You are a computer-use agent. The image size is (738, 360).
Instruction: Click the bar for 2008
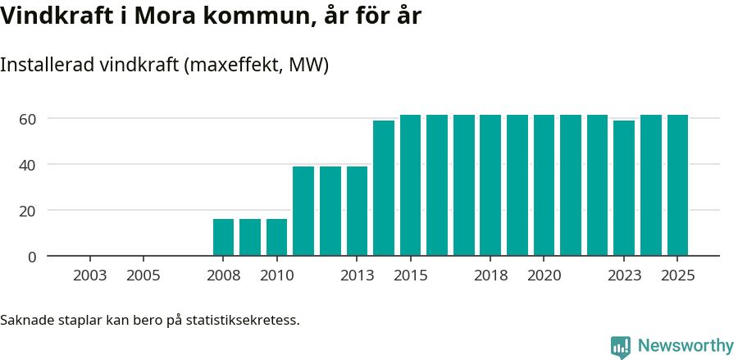coord(223,237)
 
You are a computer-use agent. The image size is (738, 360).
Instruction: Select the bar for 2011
coord(303,211)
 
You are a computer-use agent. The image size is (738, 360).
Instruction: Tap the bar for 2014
coord(384,188)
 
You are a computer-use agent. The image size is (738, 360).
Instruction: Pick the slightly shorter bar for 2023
coord(624,188)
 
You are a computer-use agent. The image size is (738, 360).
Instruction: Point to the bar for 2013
coord(357,211)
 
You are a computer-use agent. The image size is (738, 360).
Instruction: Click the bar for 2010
coord(277,237)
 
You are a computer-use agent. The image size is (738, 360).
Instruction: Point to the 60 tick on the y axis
coord(28,119)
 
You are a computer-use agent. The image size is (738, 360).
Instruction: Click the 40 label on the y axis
coord(28,165)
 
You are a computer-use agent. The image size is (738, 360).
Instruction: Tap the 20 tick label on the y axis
coord(28,211)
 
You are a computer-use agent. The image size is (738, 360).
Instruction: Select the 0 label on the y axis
coord(32,257)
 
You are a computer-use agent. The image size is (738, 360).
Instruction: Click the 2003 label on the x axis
coord(89,276)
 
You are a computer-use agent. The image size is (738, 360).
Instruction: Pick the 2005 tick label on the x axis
coord(143,276)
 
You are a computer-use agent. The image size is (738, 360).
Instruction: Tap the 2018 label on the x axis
coord(490,276)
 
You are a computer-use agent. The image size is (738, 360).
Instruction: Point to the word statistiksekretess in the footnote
coord(243,320)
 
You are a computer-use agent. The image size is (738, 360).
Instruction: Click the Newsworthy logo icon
coord(621,346)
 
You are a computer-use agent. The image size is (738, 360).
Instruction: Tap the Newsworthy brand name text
coord(686,346)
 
